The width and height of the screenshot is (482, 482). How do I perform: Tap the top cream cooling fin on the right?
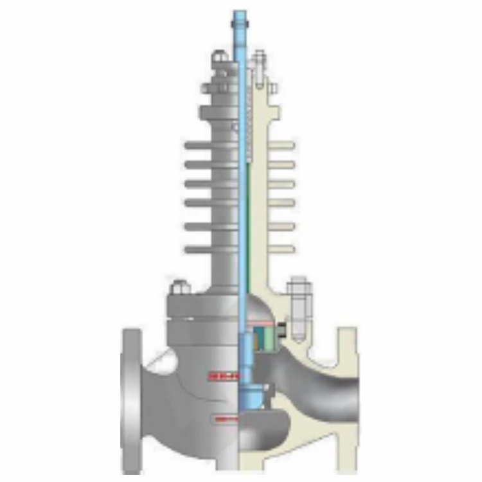point(281,146)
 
